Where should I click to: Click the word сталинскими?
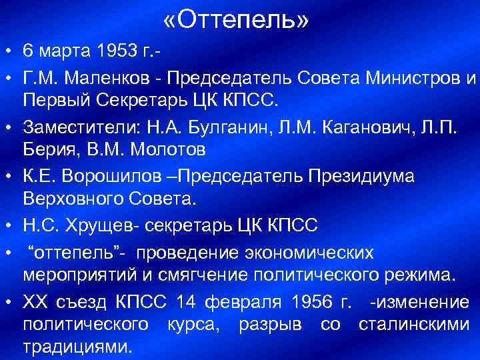click(x=414, y=325)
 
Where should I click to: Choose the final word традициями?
click(x=77, y=347)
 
